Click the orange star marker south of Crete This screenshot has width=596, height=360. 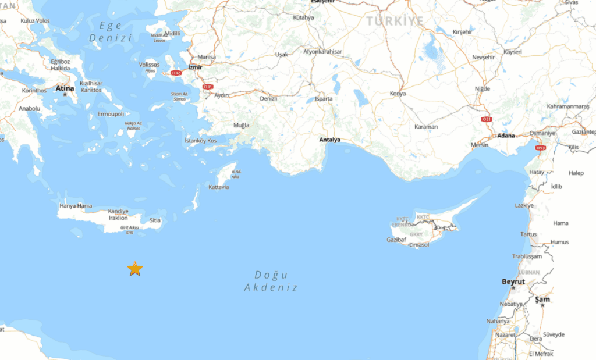[x=135, y=268]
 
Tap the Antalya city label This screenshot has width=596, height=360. [x=329, y=140]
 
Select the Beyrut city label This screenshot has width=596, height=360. [x=513, y=281]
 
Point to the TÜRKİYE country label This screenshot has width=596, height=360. [x=396, y=22]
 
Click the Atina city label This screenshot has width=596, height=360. [x=65, y=88]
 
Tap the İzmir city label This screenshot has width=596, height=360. [x=195, y=67]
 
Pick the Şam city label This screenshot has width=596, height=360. [x=542, y=299]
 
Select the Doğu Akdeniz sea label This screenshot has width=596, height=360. [x=271, y=281]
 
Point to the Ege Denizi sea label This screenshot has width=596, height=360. [x=109, y=31]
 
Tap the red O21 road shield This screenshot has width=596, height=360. [x=487, y=119]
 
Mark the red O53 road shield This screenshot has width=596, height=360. [x=541, y=148]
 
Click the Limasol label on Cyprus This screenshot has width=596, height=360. [x=419, y=245]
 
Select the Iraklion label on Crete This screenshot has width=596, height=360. [x=118, y=218]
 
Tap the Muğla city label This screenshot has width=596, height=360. [x=241, y=126]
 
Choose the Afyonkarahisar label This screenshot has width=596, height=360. [x=323, y=52]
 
